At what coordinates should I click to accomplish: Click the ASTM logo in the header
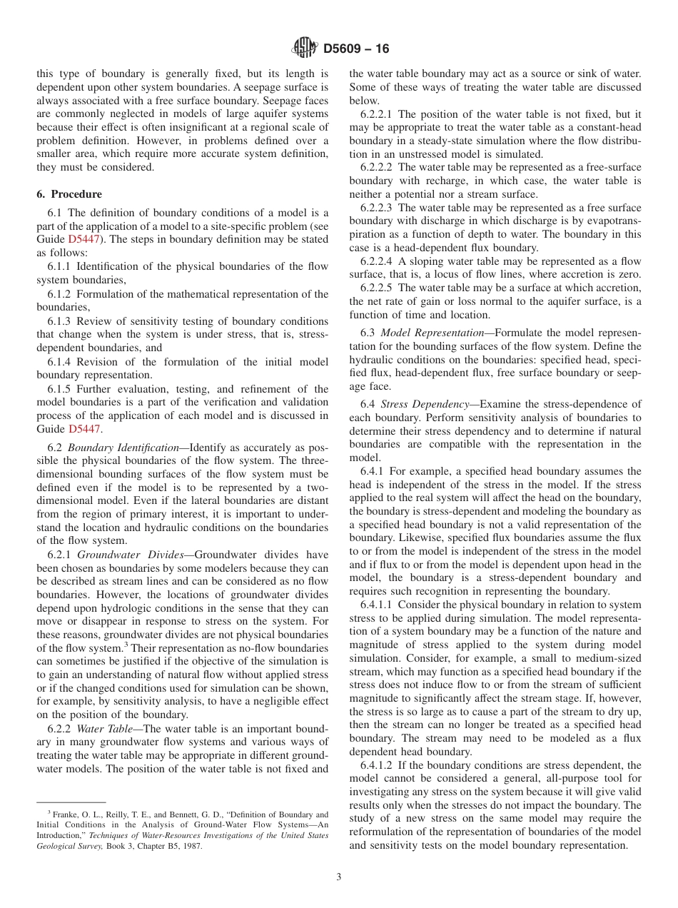click(x=305, y=49)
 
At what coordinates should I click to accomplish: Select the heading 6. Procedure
click(x=69, y=194)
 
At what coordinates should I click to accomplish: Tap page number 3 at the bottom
click(x=339, y=877)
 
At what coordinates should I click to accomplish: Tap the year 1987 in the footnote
click(x=192, y=847)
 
